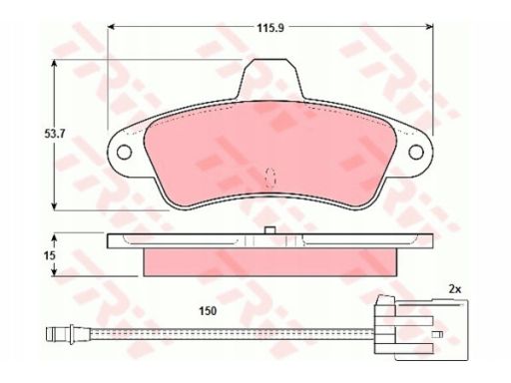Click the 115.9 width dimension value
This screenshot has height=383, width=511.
pos(270,28)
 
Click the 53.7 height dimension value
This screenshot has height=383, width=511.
pos(55,134)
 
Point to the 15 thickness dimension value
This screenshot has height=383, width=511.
pos(50,255)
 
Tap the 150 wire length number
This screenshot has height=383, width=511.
pos(208,311)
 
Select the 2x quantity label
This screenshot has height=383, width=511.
pos(454,289)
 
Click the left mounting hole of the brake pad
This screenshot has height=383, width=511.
pos(124,153)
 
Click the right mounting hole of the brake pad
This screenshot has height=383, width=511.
pos(416,153)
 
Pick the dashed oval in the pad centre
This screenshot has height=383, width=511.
pos(270,178)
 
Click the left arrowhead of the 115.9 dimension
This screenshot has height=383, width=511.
pos(112,27)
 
